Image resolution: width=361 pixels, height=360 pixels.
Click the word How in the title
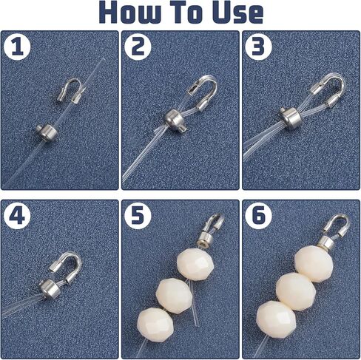click(129, 12)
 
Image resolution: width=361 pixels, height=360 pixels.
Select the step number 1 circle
click(17, 47)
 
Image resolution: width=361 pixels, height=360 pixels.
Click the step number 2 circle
click(138, 47)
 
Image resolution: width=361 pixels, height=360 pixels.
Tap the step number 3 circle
click(258, 47)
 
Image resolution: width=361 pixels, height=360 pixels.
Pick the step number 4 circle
click(17, 216)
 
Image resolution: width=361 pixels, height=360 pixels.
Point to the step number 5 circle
click(138, 216)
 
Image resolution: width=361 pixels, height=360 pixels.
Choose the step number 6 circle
click(258, 216)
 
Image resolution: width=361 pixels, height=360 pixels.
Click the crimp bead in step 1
click(47, 132)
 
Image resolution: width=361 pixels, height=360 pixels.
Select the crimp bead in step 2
click(175, 120)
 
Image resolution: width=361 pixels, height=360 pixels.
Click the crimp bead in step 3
click(289, 115)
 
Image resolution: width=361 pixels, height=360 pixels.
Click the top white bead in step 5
click(195, 264)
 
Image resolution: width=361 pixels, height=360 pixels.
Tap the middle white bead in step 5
click(174, 296)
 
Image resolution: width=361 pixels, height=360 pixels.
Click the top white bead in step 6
click(314, 264)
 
